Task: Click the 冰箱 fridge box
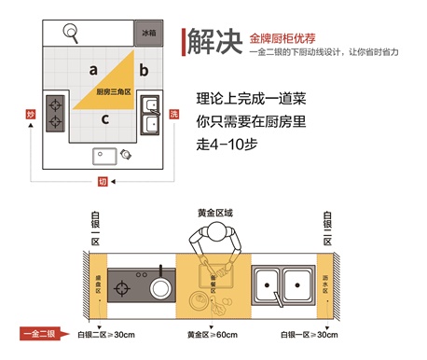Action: click(148, 33)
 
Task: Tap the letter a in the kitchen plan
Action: click(93, 69)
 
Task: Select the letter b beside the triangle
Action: click(143, 70)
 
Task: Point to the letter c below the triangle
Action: click(105, 118)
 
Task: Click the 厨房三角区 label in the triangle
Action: click(114, 91)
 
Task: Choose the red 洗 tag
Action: click(174, 113)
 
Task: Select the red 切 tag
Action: click(103, 181)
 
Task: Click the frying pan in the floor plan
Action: click(71, 34)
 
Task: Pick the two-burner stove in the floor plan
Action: click(56, 112)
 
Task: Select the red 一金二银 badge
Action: click(36, 332)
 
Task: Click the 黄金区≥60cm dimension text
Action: click(211, 333)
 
